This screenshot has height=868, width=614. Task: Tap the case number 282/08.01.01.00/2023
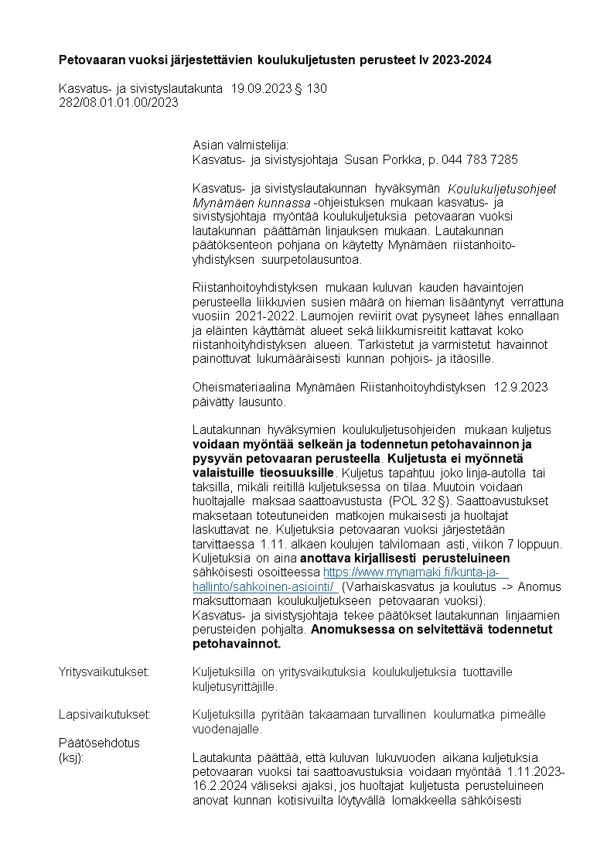click(x=118, y=102)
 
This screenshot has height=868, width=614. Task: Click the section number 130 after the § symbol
click(x=317, y=89)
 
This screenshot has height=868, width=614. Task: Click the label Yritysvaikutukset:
click(x=104, y=672)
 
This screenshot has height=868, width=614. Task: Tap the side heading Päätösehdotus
click(x=99, y=743)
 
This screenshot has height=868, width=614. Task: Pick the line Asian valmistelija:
click(x=240, y=145)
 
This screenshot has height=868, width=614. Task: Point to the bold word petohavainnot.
click(x=237, y=643)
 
